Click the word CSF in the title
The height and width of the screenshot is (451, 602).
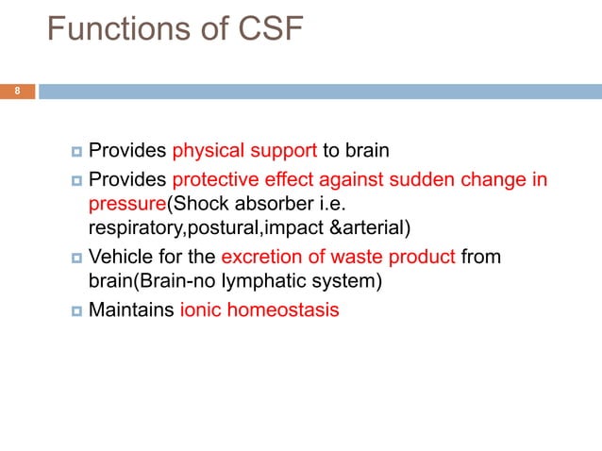[x=264, y=32]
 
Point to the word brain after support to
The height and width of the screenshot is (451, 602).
[x=368, y=151]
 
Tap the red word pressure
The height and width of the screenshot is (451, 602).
[x=126, y=203]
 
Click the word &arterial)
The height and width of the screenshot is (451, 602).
[x=371, y=225]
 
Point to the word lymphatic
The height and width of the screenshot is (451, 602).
[x=275, y=278]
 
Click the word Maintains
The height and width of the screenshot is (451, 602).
[x=130, y=308]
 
